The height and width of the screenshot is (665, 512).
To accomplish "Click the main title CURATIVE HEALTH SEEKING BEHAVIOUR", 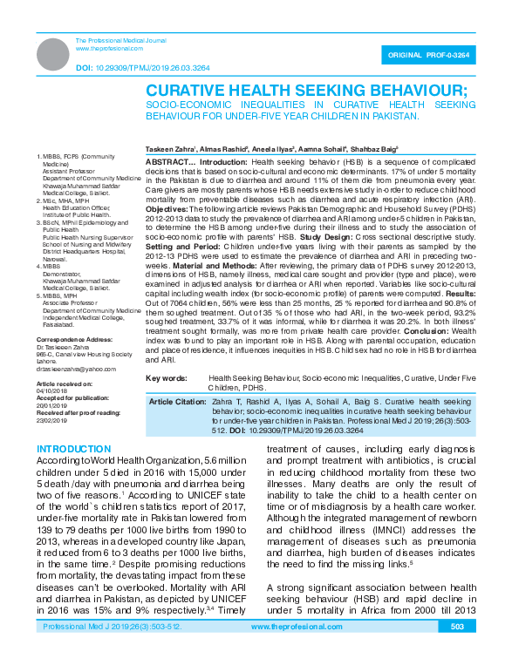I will pos(306,91).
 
